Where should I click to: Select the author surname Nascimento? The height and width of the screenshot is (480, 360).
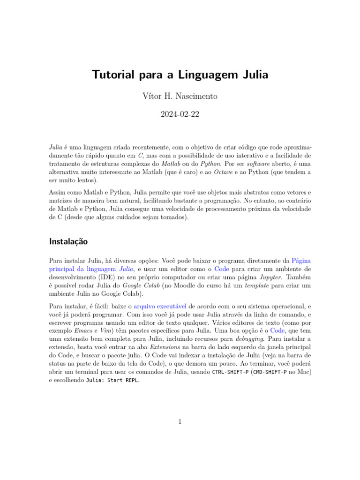coord(196,97)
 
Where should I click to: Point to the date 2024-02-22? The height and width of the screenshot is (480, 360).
coord(180,114)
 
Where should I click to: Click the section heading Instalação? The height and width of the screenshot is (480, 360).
coord(68,242)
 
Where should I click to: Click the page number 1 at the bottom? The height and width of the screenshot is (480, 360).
coord(180,422)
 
